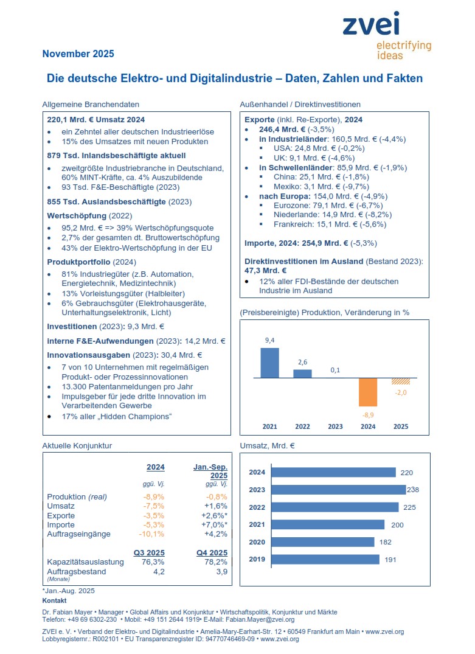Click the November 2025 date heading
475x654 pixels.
[x=78, y=54]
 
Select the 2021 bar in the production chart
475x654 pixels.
[x=269, y=363]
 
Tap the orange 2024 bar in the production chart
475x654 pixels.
[x=368, y=392]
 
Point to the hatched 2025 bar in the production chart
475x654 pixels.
[x=401, y=381]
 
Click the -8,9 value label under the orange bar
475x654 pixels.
[x=368, y=414]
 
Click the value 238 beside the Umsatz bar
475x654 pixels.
[x=415, y=490]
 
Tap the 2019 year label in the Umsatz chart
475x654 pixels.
[x=257, y=559]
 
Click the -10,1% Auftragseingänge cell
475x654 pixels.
[x=152, y=534]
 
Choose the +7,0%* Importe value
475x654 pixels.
[x=215, y=524]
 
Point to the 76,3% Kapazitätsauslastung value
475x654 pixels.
[x=153, y=562]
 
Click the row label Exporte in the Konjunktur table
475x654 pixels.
[x=61, y=515]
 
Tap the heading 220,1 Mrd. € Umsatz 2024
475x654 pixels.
[x=96, y=119]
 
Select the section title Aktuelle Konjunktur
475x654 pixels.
[x=77, y=446]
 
